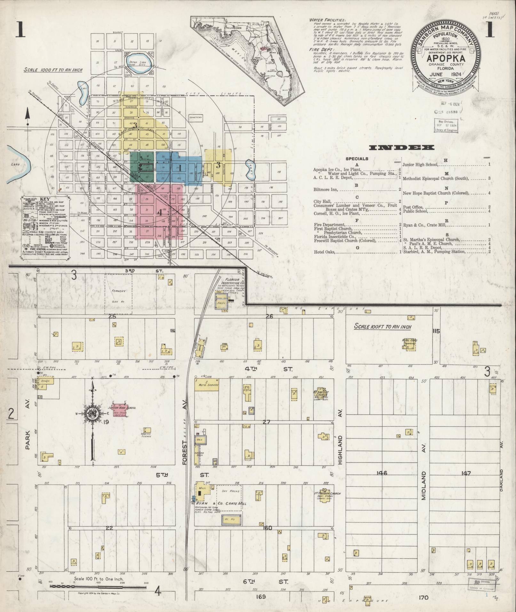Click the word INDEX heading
click(402, 147)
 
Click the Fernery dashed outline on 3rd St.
click(118, 294)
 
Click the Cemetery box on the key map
click(196, 117)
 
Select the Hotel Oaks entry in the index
click(324, 252)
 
